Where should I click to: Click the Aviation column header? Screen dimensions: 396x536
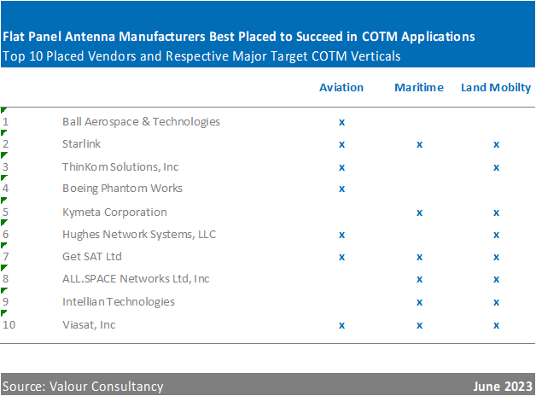point(341,87)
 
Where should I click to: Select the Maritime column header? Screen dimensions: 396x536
point(419,87)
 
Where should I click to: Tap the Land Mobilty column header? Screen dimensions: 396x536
point(496,87)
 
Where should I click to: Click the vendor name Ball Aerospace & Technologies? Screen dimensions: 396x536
point(141,121)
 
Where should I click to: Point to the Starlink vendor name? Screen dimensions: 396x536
point(82,144)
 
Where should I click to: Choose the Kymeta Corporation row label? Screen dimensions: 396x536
point(114,212)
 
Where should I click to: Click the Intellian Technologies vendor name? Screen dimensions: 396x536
point(119,301)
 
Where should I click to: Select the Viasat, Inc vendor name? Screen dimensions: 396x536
point(89,324)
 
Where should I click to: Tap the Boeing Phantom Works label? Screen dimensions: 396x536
point(122,188)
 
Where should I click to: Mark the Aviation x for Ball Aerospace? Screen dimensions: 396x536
point(341,122)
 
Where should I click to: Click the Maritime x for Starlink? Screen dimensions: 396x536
point(419,145)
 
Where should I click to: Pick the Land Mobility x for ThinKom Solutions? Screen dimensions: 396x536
point(496,167)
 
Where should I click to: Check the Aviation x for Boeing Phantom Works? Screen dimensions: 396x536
point(341,189)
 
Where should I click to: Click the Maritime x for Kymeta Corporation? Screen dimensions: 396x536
point(419,213)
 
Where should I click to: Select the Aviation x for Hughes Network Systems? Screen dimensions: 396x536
point(341,235)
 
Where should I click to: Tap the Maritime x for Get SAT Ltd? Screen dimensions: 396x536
point(419,257)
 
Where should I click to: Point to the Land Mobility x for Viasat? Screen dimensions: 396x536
point(496,325)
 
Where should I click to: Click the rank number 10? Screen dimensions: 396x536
point(9,324)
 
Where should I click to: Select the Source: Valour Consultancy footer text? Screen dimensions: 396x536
point(83,386)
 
